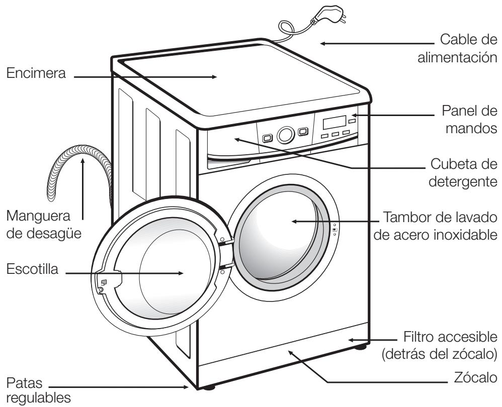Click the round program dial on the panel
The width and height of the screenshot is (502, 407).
tap(285, 135)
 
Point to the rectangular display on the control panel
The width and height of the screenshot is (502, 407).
tap(334, 122)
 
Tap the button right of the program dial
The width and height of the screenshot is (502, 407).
tap(302, 132)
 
